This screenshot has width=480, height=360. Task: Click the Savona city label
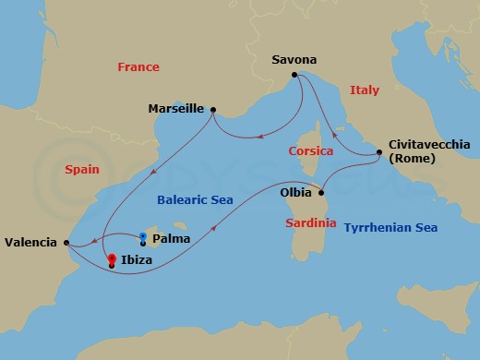[294, 60]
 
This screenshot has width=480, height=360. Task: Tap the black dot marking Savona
[294, 75]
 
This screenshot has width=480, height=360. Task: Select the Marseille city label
[175, 108]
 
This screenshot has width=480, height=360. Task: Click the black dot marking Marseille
[213, 110]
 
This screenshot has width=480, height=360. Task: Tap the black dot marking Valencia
[66, 242]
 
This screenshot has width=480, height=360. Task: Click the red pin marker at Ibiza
[112, 259]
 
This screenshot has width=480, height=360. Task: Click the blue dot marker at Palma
[142, 236]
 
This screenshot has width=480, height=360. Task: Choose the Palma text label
[171, 238]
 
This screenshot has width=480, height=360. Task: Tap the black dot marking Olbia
[321, 193]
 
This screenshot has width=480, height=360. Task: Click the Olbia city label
[295, 194]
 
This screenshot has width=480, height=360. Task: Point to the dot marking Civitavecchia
[377, 151]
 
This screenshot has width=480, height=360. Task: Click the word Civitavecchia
[429, 145]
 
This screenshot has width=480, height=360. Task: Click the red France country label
[138, 67]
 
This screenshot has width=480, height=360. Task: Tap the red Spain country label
[82, 170]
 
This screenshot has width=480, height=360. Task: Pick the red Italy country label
[364, 90]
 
